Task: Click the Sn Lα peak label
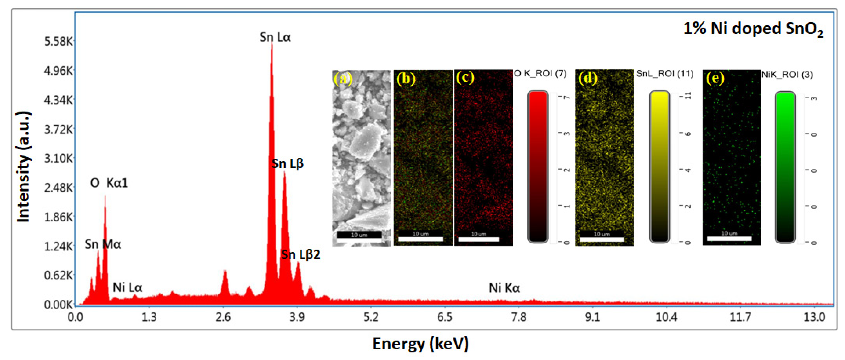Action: pos(275,37)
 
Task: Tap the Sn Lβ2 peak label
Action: pos(300,255)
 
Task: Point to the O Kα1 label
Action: pos(109,183)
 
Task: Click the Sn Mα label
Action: pos(103,244)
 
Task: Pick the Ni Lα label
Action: pos(127,288)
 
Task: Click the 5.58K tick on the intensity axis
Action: pos(58,42)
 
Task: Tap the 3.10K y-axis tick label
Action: pos(58,158)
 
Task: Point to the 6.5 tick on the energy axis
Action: pos(445,317)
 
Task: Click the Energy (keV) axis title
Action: pos(420,344)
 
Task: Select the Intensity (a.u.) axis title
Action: pos(24,167)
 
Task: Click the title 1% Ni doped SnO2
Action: pos(753,29)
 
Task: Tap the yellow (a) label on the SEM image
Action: pos(343,79)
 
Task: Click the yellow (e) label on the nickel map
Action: pos(715,78)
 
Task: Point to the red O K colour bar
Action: pos(538,167)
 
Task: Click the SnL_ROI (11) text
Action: pos(665,74)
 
